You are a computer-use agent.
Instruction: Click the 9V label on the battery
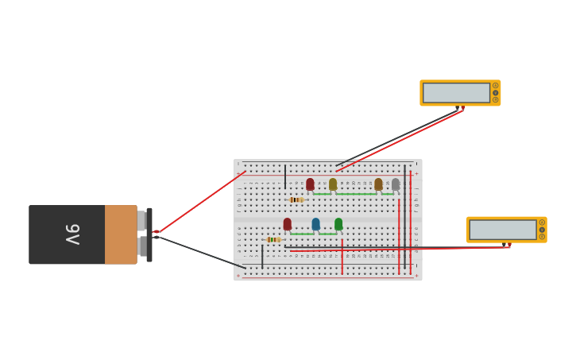click(x=72, y=234)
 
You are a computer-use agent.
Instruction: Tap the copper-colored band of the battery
click(x=121, y=234)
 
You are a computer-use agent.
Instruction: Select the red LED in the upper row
click(x=310, y=184)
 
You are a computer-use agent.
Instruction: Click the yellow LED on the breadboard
click(x=333, y=184)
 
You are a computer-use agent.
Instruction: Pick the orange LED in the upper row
click(x=378, y=184)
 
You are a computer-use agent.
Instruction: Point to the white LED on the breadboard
click(x=396, y=184)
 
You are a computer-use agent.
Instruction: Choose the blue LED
click(x=315, y=224)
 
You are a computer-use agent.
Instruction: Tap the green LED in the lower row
click(x=338, y=224)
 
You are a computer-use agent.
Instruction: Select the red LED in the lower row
click(x=288, y=224)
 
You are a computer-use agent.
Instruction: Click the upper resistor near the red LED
click(x=296, y=199)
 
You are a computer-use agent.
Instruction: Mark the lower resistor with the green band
click(x=273, y=239)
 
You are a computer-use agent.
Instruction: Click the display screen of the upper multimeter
click(x=456, y=93)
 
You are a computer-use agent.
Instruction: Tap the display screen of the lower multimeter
click(x=502, y=230)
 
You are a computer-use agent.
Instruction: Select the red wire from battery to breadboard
click(x=199, y=203)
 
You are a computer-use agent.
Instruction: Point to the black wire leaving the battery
click(x=199, y=250)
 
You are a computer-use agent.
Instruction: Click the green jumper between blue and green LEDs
click(x=327, y=234)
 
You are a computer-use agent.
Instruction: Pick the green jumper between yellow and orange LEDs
click(x=355, y=194)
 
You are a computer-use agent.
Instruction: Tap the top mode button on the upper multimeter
click(x=495, y=86)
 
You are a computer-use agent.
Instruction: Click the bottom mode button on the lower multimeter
click(x=542, y=237)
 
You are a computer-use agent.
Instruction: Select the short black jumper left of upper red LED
click(x=285, y=176)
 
